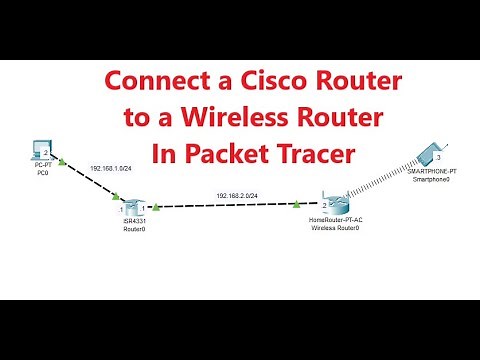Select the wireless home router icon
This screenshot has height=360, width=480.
pyautogui.click(x=334, y=203)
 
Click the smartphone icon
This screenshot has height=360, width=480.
pyautogui.click(x=432, y=153)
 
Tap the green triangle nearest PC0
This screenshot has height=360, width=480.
pyautogui.click(x=63, y=160)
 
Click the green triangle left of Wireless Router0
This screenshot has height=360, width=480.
pyautogui.click(x=299, y=204)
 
